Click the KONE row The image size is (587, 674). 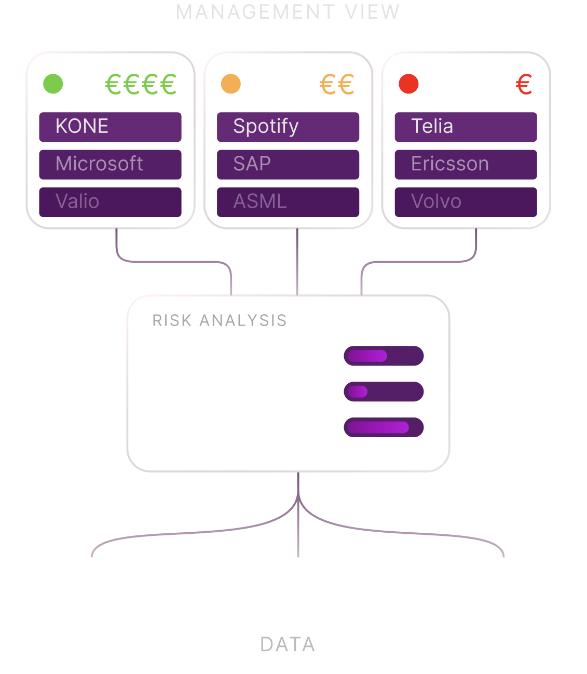[x=111, y=127]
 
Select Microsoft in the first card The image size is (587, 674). [x=111, y=164]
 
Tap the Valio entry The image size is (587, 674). [x=111, y=201]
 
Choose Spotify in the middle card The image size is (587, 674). [x=291, y=127]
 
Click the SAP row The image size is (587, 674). [x=291, y=164]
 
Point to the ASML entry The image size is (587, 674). [x=291, y=201]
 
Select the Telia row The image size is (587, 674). [x=471, y=127]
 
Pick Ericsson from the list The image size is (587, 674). [x=471, y=164]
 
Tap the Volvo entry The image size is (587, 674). [x=471, y=201]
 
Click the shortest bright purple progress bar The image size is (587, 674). [x=357, y=392]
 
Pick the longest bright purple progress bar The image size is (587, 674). [x=377, y=427]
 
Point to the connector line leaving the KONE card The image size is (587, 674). [x=118, y=244]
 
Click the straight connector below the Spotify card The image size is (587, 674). [x=297, y=260]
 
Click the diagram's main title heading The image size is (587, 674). [x=288, y=18]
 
